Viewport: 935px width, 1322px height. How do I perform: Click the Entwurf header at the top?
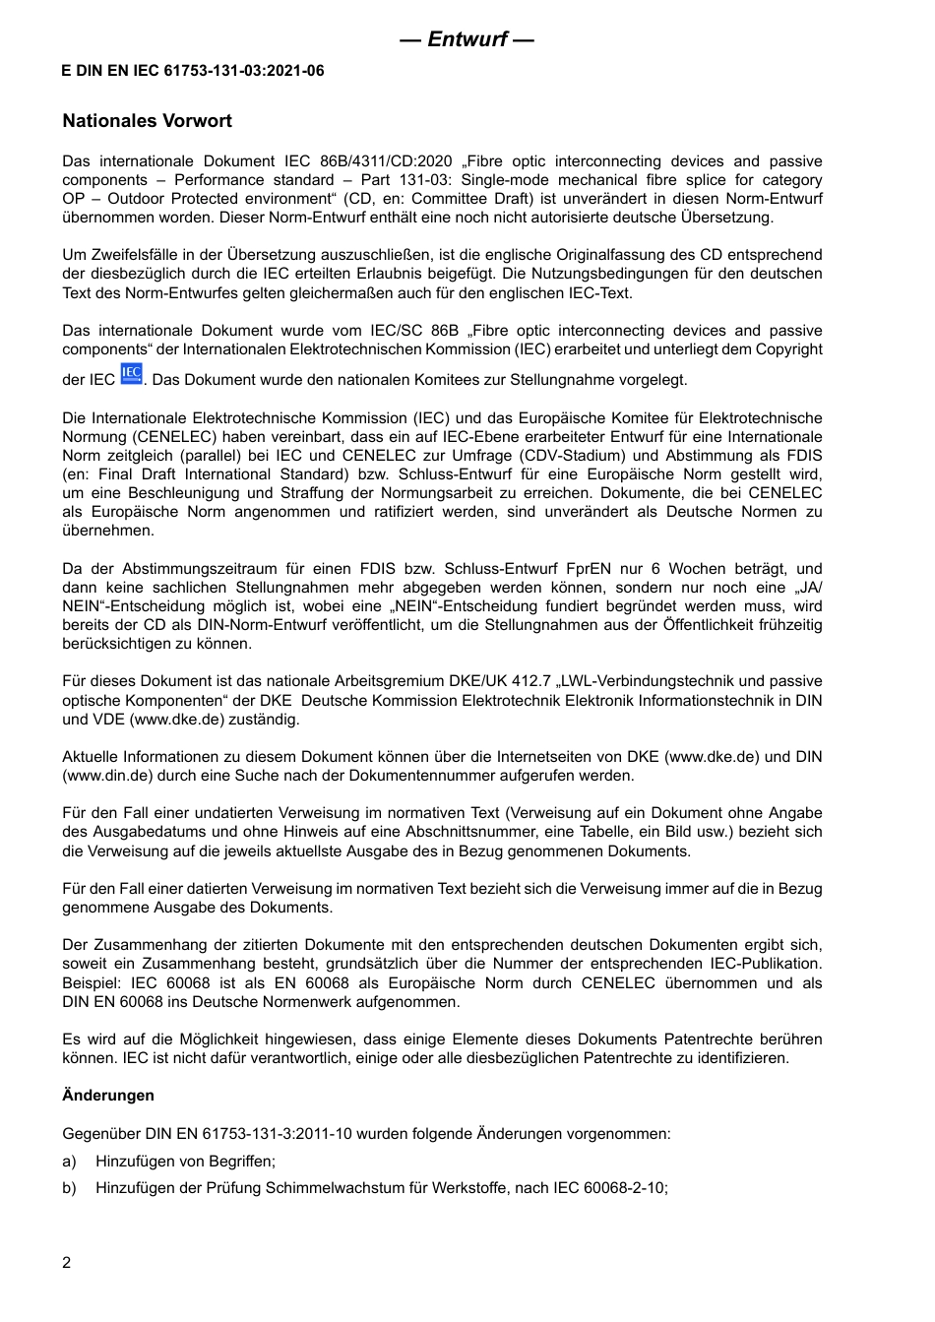[x=467, y=39]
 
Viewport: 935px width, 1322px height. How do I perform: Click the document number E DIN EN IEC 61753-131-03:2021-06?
[x=193, y=71]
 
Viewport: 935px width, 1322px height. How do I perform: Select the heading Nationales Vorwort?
[x=147, y=121]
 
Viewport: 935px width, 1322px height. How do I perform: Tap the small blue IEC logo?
[x=131, y=374]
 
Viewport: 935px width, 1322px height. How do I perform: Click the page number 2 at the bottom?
[x=67, y=1263]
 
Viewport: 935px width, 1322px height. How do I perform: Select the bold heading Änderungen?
[x=108, y=1096]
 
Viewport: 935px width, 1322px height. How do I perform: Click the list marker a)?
[x=69, y=1162]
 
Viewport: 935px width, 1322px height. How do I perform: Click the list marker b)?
[x=69, y=1188]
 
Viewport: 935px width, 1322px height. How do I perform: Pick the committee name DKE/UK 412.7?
[x=458, y=681]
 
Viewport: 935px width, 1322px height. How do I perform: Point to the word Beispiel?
[x=93, y=983]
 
